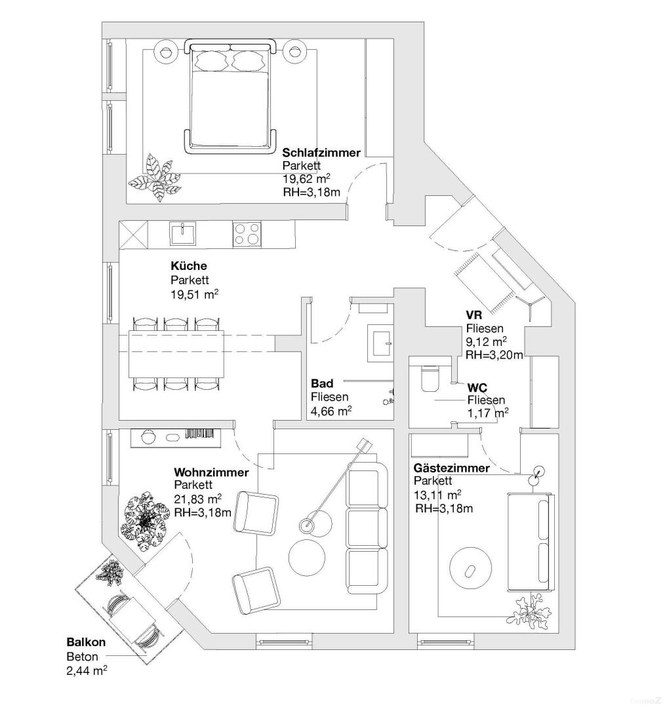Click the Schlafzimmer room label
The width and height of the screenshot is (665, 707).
click(x=321, y=153)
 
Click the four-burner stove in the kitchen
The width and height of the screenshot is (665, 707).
click(x=247, y=235)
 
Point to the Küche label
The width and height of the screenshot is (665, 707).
click(x=188, y=266)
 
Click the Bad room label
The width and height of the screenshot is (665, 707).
click(x=321, y=383)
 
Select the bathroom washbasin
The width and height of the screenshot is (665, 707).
click(x=380, y=341)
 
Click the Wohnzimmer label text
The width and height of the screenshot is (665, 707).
click(x=211, y=472)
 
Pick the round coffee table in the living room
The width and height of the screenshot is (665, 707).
click(x=306, y=558)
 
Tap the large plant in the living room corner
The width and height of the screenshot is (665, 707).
click(x=145, y=519)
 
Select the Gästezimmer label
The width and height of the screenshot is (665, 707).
click(x=451, y=468)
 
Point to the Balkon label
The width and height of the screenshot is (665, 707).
click(x=85, y=643)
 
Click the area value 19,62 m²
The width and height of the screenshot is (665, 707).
click(x=306, y=179)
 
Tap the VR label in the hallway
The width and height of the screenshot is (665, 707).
click(x=474, y=315)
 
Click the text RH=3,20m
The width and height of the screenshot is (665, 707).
click(x=494, y=355)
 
